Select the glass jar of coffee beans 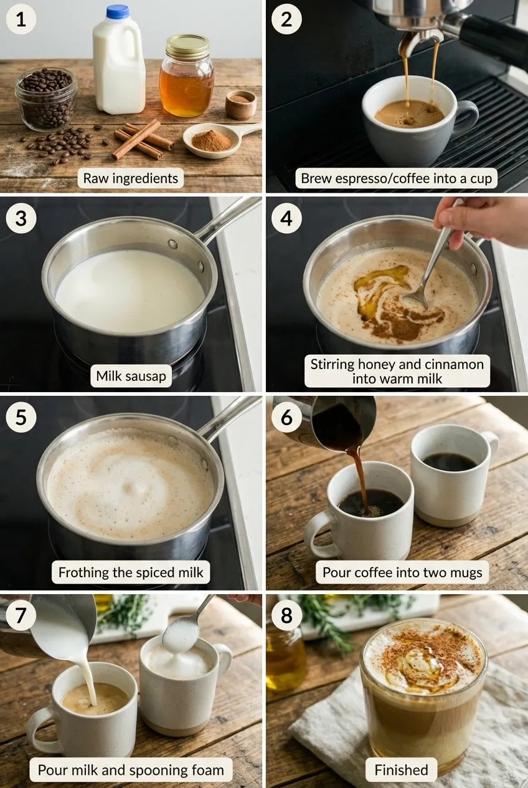[x=45, y=98]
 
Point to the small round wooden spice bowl [x=240, y=105]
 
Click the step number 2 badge [x=286, y=19]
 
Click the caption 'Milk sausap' [x=131, y=376]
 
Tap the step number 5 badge [x=21, y=417]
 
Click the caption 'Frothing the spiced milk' [x=131, y=572]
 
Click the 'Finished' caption [x=401, y=770]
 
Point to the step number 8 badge [x=286, y=615]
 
